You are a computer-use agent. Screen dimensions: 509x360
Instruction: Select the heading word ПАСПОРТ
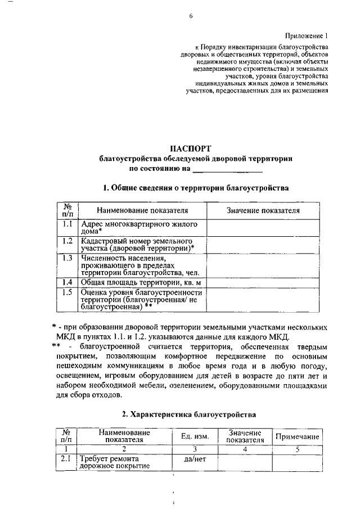pyautogui.click(x=191, y=148)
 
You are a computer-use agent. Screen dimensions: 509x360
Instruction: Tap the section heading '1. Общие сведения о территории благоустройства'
pyautogui.click(x=191, y=188)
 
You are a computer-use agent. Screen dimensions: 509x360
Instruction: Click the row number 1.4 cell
pyautogui.click(x=67, y=282)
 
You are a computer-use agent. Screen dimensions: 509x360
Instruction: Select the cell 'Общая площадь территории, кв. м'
pyautogui.click(x=141, y=282)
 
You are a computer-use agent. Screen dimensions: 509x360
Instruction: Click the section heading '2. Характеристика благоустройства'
pyautogui.click(x=191, y=415)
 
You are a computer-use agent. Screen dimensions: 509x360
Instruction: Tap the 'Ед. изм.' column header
pyautogui.click(x=195, y=436)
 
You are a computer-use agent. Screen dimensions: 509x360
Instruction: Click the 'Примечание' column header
pyautogui.click(x=297, y=437)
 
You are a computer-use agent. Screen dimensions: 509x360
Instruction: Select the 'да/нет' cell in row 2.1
pyautogui.click(x=195, y=460)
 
